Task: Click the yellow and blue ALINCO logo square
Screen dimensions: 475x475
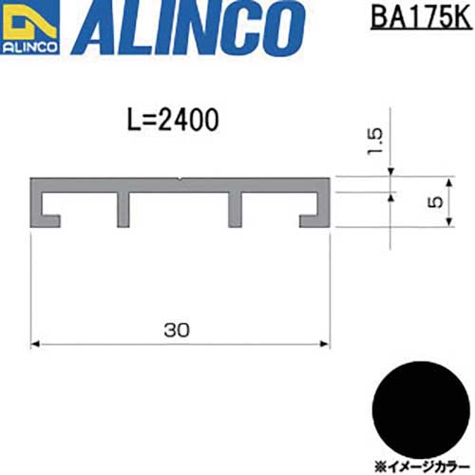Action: (29, 27)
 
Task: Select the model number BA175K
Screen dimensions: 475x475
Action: (421, 18)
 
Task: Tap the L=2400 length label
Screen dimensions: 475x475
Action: (173, 120)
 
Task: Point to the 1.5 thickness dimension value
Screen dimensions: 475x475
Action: (374, 142)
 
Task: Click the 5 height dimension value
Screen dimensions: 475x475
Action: (435, 201)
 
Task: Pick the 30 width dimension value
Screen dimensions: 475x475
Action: (177, 330)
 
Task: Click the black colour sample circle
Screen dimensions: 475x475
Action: (421, 409)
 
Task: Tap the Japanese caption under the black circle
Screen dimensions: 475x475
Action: (422, 466)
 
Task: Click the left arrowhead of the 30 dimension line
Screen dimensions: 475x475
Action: (34, 344)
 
